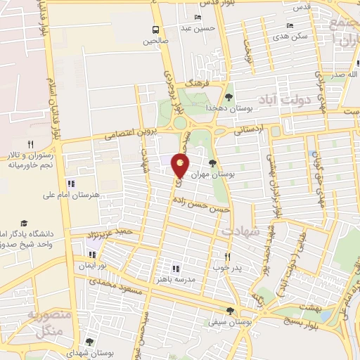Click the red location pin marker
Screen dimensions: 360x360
click(181, 167)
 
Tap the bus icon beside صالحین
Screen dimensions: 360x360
click(155, 30)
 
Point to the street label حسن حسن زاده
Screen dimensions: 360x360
click(202, 205)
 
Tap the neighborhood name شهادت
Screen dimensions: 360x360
click(241, 231)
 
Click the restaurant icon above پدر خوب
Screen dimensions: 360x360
click(226, 257)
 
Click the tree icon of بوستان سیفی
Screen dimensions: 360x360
click(230, 311)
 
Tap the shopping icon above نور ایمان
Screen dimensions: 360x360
click(91, 255)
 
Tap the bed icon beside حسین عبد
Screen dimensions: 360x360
click(198, 17)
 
